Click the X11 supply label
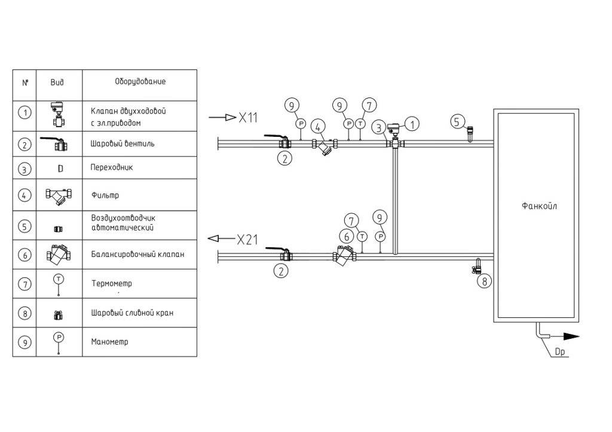247,118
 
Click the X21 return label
247,240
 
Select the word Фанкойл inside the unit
539,207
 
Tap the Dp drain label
560,352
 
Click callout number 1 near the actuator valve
411,124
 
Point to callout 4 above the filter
319,127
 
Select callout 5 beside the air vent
457,122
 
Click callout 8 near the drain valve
485,280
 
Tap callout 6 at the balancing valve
345,237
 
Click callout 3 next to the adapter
378,127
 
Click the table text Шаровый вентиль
123,144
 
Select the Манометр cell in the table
110,342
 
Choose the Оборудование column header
140,82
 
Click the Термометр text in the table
112,284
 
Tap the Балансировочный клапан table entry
137,254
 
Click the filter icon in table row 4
59,195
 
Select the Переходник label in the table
112,168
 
